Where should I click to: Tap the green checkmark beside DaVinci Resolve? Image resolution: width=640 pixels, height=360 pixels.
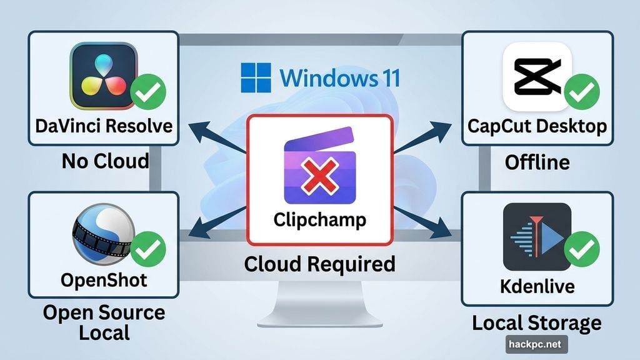click(x=149, y=92)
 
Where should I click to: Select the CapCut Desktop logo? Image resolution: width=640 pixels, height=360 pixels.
click(x=536, y=75)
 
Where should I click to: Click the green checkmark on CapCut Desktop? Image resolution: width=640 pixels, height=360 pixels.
click(x=581, y=91)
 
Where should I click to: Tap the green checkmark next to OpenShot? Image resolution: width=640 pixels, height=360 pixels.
click(x=148, y=248)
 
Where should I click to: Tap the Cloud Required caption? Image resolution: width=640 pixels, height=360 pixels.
click(x=319, y=264)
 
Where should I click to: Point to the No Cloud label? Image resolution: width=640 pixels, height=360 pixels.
click(x=105, y=161)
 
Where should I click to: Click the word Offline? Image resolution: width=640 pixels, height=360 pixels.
click(x=537, y=162)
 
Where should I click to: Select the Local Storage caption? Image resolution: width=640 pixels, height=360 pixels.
click(x=536, y=323)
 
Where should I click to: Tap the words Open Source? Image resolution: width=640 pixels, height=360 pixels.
click(x=104, y=312)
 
